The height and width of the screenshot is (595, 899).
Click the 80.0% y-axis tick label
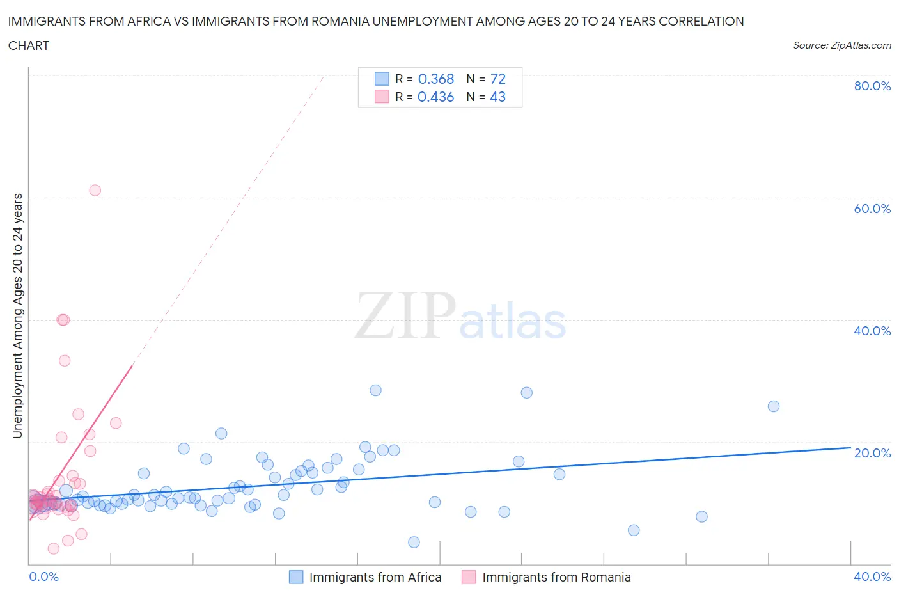click(x=872, y=86)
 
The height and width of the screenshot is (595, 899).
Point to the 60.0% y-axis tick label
click(x=872, y=209)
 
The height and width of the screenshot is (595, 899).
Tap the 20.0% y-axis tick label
click(x=872, y=453)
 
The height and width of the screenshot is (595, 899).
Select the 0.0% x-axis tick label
click(x=43, y=576)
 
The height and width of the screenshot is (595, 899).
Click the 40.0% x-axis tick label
click(x=872, y=576)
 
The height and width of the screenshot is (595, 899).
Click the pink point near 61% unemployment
click(x=95, y=190)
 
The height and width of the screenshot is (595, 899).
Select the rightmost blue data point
click(x=773, y=406)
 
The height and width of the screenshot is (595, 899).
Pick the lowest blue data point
click(x=414, y=542)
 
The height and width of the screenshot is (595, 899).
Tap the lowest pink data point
click(x=54, y=548)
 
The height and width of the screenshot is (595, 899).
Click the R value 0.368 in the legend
click(x=435, y=79)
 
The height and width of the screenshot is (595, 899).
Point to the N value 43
click(x=497, y=97)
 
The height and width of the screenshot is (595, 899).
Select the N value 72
click(x=497, y=79)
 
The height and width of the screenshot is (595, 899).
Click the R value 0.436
click(x=435, y=97)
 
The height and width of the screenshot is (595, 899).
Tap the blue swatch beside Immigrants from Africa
click(x=295, y=577)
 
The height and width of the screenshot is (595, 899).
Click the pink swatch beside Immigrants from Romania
click(x=469, y=577)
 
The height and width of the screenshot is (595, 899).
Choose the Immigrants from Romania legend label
click(x=556, y=577)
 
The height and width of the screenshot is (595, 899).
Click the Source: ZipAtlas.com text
click(x=841, y=45)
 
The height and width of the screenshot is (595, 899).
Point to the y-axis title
click(x=17, y=315)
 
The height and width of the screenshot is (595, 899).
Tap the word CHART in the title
click(x=29, y=45)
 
